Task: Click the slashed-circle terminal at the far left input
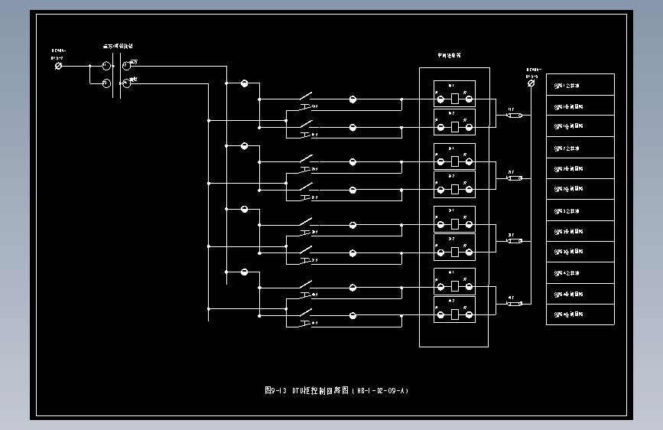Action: (x=59, y=67)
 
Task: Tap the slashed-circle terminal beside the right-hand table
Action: (x=531, y=85)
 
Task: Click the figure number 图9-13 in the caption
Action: (x=275, y=390)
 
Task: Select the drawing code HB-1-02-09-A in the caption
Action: (x=381, y=390)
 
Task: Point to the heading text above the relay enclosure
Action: (x=449, y=55)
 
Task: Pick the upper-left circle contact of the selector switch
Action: (x=107, y=67)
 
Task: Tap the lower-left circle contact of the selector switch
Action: (x=107, y=83)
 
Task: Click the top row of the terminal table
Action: (x=580, y=84)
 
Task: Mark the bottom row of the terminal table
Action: (x=580, y=314)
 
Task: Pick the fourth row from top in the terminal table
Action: (x=580, y=148)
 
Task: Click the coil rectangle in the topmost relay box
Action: (x=454, y=99)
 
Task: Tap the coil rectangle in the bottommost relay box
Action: (x=454, y=314)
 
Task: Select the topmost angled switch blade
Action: (x=306, y=97)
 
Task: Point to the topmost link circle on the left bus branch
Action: (x=245, y=83)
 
